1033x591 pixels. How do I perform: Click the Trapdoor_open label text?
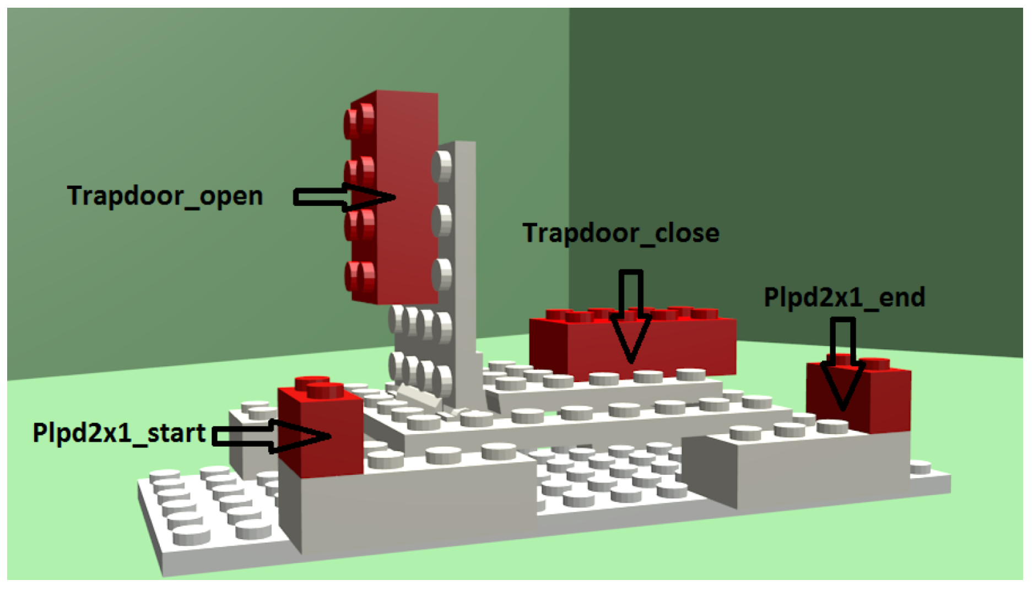[x=165, y=196]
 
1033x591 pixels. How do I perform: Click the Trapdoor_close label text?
[x=620, y=234]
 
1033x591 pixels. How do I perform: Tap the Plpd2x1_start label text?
[x=119, y=433]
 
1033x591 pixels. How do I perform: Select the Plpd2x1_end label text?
[x=844, y=297]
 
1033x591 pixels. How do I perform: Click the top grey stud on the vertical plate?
[x=442, y=166]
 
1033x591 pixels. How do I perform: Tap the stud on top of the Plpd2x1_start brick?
[x=325, y=390]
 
